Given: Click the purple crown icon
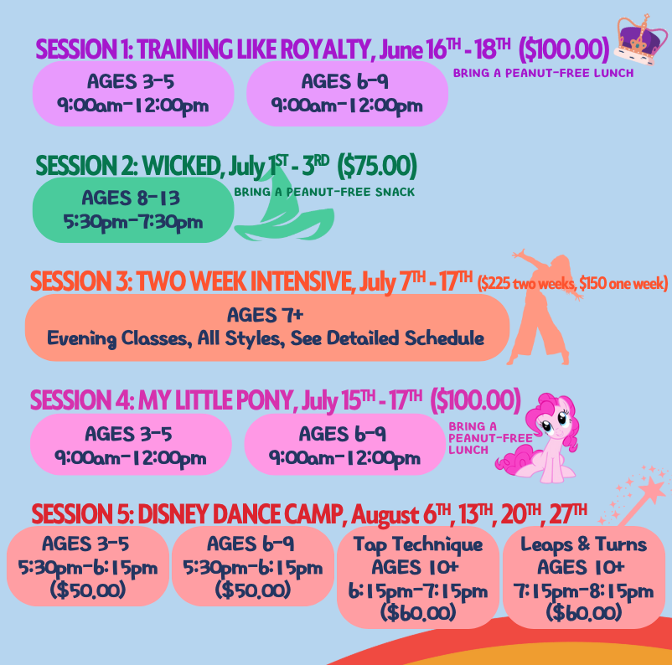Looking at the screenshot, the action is (640, 39).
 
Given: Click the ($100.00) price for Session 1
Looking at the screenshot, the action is (563, 49).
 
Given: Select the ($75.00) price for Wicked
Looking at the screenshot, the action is (377, 166).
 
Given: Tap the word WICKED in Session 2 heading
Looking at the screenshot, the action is (182, 166).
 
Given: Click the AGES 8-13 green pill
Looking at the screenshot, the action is (133, 210).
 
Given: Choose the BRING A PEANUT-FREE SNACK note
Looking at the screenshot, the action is (324, 192).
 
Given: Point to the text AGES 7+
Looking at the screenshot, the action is (265, 316).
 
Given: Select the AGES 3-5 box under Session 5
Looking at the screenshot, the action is (87, 566).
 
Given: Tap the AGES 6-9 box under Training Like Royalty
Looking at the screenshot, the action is (347, 94).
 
